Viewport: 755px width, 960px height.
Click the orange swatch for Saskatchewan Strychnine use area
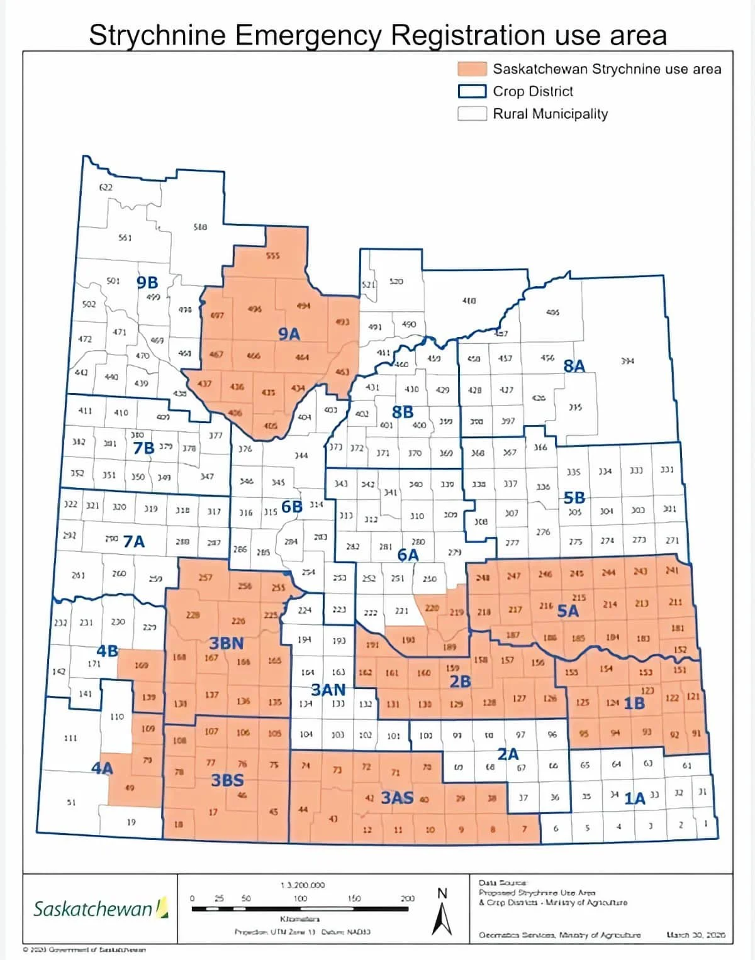click(472, 69)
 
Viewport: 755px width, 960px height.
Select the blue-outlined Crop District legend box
click(472, 91)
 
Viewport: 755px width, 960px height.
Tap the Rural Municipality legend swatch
click(472, 114)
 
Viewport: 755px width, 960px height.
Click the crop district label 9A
click(289, 334)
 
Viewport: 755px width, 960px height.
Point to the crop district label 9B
click(147, 283)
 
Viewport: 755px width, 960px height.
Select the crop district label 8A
click(574, 367)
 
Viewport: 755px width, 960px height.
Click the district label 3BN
click(226, 643)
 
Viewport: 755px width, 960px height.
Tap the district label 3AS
click(398, 798)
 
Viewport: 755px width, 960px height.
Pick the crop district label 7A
click(134, 541)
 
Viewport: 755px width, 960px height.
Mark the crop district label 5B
click(574, 498)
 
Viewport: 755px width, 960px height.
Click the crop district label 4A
click(102, 768)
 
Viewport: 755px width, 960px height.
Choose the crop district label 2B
click(460, 681)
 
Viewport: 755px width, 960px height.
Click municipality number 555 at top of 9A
click(272, 256)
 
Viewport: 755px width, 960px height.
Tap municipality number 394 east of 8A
click(627, 361)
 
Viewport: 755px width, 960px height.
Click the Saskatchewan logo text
click(92, 909)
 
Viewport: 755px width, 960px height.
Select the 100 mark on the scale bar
click(301, 898)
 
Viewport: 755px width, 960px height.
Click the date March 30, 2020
click(696, 935)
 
